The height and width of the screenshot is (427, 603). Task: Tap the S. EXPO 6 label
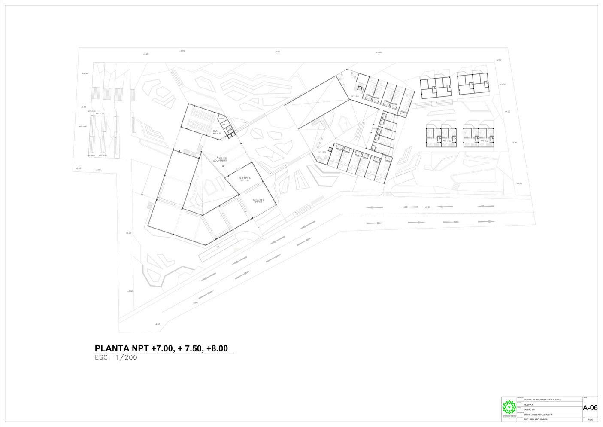pos(245,178)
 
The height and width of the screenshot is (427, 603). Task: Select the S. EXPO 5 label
pos(258,200)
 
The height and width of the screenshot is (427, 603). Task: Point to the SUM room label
pos(216,131)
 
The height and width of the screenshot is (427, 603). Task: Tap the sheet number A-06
pos(590,408)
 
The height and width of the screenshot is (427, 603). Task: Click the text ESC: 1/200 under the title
pos(116,357)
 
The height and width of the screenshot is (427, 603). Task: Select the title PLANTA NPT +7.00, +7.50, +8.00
pos(161,348)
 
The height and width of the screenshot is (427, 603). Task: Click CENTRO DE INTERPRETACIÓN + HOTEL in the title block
pos(545,400)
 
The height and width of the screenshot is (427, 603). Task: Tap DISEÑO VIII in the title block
pos(530,409)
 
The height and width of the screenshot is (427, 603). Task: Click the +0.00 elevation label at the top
pos(277,52)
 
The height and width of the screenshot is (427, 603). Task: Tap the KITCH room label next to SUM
pos(221,119)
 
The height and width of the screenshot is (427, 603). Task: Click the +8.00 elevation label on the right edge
pos(519,183)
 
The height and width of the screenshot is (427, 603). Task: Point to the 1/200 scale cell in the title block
pos(590,419)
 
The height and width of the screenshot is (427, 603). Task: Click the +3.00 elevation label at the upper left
pos(85,73)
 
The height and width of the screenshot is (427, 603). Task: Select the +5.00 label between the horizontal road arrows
pos(427,207)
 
